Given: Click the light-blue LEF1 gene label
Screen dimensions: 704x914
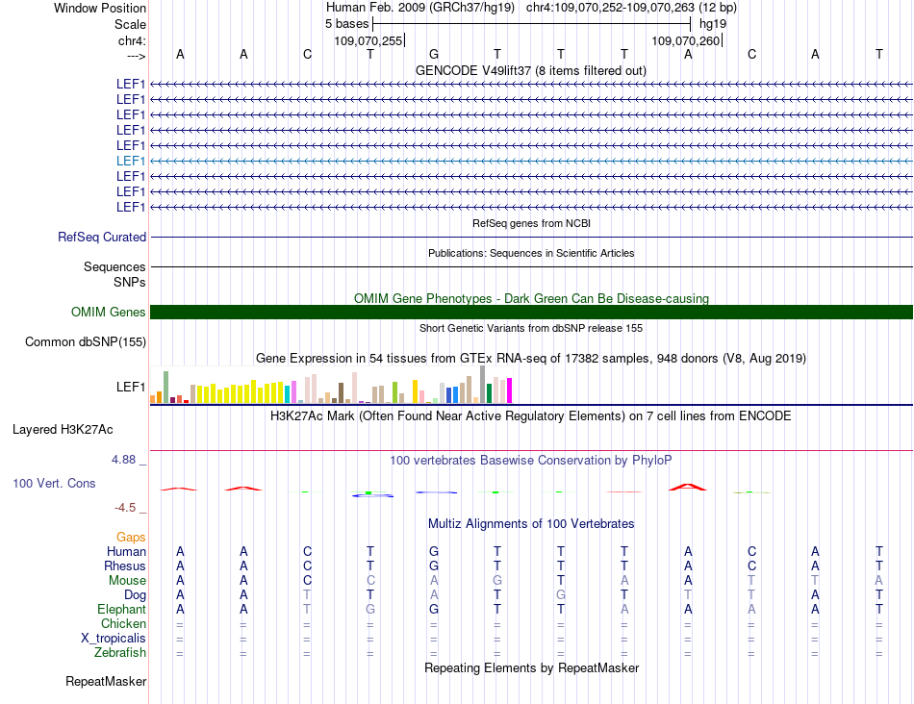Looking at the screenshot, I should (x=131, y=161).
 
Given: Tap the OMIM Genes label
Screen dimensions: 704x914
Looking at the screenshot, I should (x=109, y=312).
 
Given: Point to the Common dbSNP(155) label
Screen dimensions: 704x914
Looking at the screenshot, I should (x=86, y=341).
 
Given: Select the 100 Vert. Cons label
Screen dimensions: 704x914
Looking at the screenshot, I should (x=54, y=483).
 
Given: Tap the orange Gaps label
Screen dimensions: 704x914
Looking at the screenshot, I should (x=131, y=537).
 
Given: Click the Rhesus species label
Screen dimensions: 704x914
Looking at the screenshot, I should (x=125, y=566).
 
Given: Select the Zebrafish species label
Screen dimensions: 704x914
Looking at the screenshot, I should (x=121, y=653).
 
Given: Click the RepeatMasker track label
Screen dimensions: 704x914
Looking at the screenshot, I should (x=106, y=682).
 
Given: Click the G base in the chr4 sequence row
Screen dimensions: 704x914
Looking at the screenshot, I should (x=434, y=54).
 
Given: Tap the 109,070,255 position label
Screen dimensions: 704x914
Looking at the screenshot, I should (x=368, y=41).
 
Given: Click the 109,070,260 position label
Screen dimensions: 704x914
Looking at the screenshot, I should (x=686, y=41).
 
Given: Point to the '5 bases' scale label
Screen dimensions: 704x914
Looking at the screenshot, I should (x=346, y=23).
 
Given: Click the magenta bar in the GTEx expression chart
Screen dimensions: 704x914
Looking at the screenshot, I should (x=509, y=390).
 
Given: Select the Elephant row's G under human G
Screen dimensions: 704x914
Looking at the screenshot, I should (x=434, y=609).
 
